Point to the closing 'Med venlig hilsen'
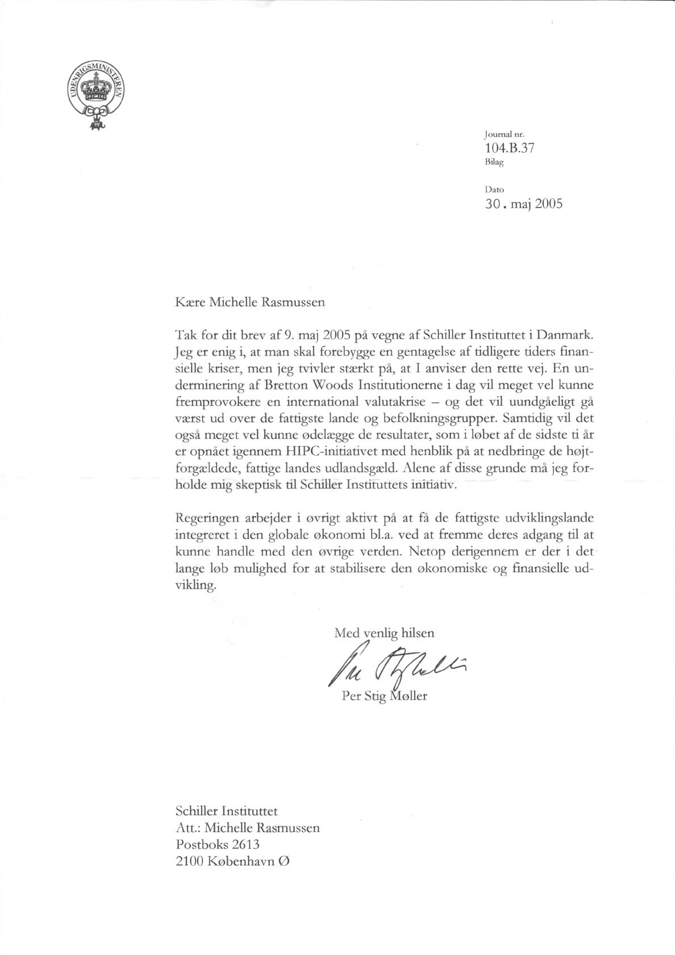coord(384,632)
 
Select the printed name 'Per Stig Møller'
coord(385,696)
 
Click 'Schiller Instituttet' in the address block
coord(227,810)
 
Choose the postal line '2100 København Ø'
coord(233,861)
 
